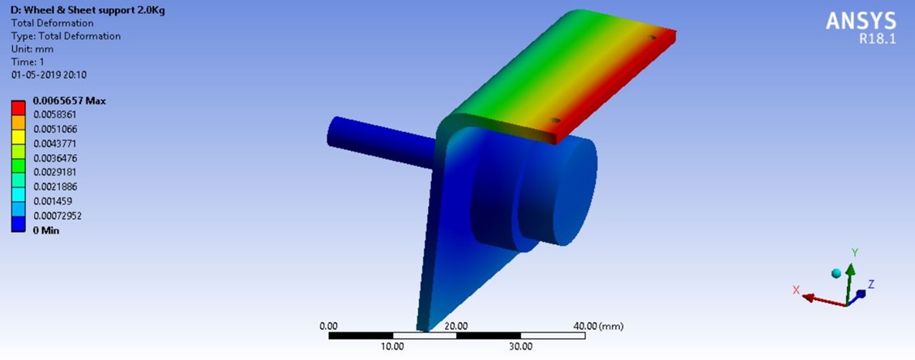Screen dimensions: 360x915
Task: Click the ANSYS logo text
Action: click(x=861, y=21)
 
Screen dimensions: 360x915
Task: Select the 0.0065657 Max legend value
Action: click(x=69, y=101)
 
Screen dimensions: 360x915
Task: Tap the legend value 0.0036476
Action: click(x=55, y=158)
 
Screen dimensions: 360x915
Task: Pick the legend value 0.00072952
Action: click(x=58, y=216)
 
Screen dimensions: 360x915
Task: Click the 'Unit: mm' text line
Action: click(x=32, y=49)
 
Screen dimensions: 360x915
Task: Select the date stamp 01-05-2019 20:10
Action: click(x=48, y=75)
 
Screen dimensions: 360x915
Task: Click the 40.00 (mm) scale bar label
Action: click(x=598, y=326)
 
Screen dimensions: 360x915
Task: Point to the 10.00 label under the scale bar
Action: click(x=392, y=346)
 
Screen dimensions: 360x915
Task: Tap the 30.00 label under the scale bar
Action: click(x=520, y=346)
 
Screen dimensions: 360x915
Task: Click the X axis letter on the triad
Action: click(x=796, y=289)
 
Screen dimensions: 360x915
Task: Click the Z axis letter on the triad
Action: click(x=870, y=284)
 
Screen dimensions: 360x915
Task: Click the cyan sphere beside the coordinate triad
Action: click(x=836, y=273)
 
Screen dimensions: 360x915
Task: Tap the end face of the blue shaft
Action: click(x=335, y=132)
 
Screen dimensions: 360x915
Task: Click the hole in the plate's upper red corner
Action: click(x=652, y=37)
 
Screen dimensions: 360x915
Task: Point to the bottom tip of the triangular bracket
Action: click(x=422, y=329)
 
